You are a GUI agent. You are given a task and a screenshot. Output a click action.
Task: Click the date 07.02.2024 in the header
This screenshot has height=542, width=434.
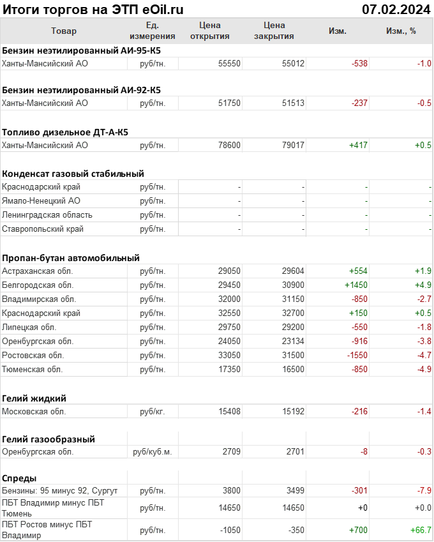point(396,9)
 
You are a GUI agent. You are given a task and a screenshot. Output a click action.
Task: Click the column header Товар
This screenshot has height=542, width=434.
point(63,31)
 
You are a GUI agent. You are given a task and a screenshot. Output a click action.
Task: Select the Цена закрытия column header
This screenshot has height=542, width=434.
point(274,31)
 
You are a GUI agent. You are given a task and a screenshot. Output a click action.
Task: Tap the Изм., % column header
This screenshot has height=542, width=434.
point(401,31)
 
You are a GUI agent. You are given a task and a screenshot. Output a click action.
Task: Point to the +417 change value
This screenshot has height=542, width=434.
point(358,145)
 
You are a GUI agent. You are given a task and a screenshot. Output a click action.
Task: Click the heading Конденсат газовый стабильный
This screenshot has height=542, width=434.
point(73,174)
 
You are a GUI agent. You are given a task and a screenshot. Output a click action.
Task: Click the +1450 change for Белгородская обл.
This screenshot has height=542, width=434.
point(355,285)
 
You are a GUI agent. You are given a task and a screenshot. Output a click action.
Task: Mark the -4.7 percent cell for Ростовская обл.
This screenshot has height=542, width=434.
point(423,355)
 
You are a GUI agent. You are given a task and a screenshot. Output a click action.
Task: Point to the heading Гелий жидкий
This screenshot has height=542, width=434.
point(34,398)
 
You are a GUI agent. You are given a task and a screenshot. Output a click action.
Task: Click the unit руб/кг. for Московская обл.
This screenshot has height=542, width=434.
point(153,412)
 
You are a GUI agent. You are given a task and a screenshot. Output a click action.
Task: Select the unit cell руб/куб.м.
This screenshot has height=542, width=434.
point(153,452)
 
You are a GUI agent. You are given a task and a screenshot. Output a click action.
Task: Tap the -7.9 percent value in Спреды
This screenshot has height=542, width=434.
point(423,490)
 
